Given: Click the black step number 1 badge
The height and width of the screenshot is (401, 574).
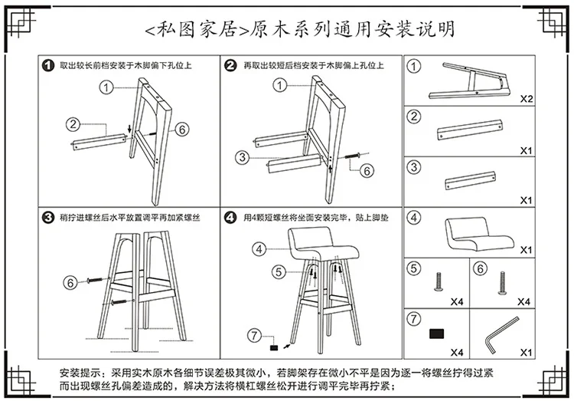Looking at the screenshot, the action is [x=48, y=66].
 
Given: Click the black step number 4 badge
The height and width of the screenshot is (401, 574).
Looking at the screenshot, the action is [x=230, y=218].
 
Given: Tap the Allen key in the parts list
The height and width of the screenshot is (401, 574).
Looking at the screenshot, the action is [x=502, y=335].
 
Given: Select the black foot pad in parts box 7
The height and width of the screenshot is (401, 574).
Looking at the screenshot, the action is [x=436, y=334].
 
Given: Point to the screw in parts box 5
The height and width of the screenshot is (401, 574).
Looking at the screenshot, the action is [x=439, y=281].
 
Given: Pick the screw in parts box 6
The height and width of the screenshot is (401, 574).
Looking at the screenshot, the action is [x=502, y=283].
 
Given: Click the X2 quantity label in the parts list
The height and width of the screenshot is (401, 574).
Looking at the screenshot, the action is [x=527, y=99].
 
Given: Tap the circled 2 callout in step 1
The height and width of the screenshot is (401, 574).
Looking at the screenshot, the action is [x=73, y=124].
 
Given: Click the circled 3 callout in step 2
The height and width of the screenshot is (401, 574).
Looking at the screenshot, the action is [x=242, y=157].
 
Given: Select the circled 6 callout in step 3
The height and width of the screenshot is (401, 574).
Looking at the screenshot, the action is [x=70, y=282].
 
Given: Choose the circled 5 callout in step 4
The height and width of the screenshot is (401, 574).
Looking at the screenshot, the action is [x=279, y=272].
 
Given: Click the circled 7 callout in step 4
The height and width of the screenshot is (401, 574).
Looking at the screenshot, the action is [x=254, y=335].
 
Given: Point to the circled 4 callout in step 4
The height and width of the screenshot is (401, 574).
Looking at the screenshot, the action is [x=259, y=249].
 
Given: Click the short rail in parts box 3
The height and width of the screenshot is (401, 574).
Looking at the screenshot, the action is [x=471, y=180].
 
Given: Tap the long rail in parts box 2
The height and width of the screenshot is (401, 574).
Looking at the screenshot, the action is [x=470, y=130].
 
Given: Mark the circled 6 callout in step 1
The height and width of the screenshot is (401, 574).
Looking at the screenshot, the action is [x=182, y=129].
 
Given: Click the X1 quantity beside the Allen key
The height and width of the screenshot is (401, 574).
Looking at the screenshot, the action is [x=526, y=353].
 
